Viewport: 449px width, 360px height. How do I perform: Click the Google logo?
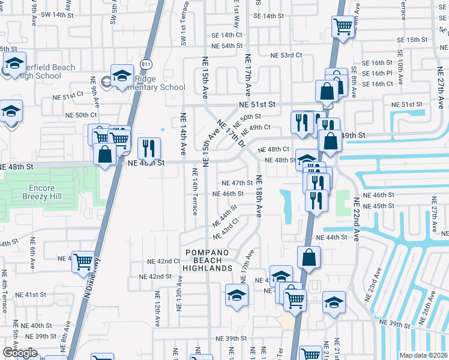20,353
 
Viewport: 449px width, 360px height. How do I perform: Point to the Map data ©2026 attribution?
423,355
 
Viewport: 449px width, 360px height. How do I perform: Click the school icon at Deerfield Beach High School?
14,64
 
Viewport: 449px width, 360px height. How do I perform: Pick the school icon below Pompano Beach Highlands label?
237,296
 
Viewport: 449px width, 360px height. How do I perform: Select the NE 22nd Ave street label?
355,220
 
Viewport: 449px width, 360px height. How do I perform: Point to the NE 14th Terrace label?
194,191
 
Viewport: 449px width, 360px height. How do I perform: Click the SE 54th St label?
227,46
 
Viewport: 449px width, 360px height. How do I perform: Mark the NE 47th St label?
238,183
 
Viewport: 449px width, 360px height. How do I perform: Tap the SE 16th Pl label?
381,73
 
